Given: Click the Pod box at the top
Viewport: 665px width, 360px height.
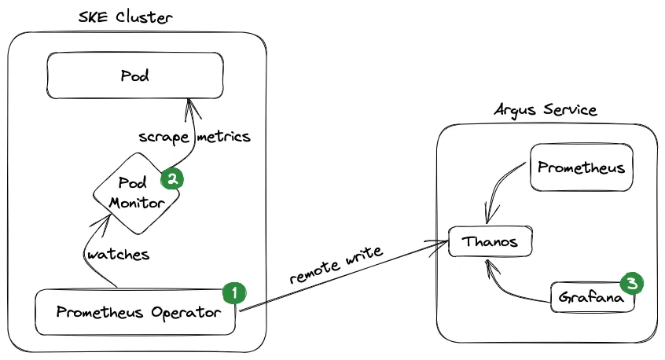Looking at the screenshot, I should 135,76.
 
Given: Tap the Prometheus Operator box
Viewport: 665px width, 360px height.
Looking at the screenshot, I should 135,312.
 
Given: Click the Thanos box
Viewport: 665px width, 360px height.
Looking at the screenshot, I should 490,241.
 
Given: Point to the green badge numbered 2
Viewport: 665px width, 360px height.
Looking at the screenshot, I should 171,178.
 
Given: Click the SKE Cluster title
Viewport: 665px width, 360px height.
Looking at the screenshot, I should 126,17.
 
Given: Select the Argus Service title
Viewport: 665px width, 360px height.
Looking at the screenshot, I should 545,108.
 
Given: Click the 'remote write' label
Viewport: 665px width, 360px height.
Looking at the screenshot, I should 336,266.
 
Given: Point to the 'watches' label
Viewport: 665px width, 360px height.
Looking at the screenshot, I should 118,255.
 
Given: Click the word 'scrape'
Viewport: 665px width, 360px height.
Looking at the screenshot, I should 163,136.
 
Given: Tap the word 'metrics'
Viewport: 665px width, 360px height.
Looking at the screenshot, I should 223,136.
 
